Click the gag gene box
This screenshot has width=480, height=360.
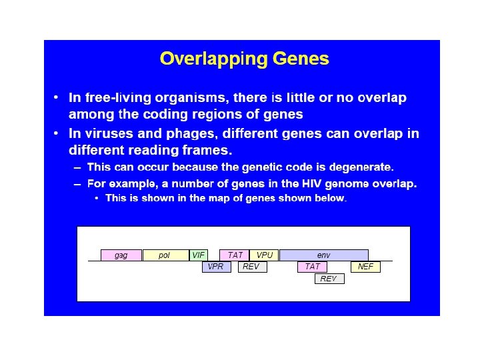(121, 255)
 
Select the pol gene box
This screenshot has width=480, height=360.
(165, 255)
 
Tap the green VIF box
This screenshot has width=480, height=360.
(199, 255)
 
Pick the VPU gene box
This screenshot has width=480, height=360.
(265, 255)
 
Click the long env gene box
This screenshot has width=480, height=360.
(323, 255)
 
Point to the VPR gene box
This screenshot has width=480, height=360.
(216, 267)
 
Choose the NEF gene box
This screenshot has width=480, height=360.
(365, 267)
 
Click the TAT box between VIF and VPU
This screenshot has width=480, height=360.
(235, 255)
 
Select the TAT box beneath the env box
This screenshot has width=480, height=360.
(312, 267)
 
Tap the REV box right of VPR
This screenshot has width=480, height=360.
(251, 267)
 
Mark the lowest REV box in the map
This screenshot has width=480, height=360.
(329, 279)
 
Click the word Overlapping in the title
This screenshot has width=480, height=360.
(211, 59)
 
